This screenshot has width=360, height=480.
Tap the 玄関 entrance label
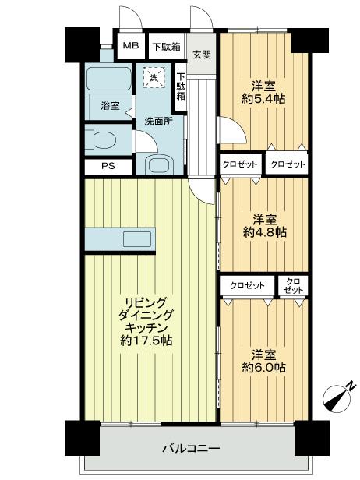click(201, 54)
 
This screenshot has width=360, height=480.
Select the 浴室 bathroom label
click(110, 106)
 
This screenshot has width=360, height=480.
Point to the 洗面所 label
click(158, 122)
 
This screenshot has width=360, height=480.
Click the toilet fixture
click(101, 140)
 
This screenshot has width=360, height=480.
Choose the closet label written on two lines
click(294, 285)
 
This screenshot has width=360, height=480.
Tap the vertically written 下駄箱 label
click(181, 87)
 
